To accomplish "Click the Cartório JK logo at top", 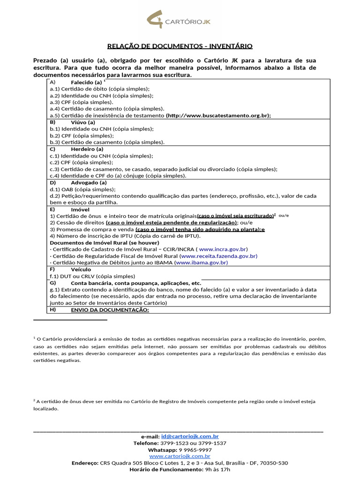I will point(180,21).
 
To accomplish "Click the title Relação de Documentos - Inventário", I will point(180,46).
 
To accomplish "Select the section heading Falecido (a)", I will point(83,82).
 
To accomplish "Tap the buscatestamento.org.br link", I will point(219,115).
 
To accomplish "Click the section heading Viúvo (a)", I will point(82,122).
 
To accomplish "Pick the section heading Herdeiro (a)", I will point(87,149).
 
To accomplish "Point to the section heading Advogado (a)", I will point(89,182).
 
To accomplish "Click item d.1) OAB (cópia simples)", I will point(82,189).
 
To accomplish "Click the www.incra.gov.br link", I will point(223,249).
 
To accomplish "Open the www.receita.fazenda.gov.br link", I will point(219,256).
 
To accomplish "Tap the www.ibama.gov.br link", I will point(201,263).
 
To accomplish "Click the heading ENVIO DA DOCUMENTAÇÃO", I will point(110,310).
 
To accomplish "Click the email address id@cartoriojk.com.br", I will point(190,436).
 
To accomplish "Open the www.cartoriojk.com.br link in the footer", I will point(180,456).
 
